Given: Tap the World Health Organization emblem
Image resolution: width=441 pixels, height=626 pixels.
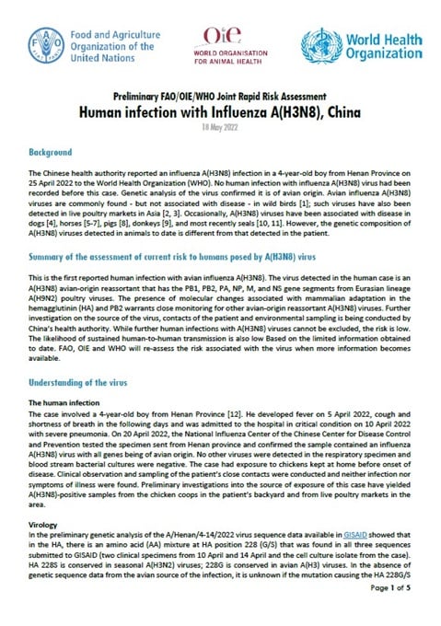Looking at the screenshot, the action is pyautogui.click(x=319, y=43).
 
